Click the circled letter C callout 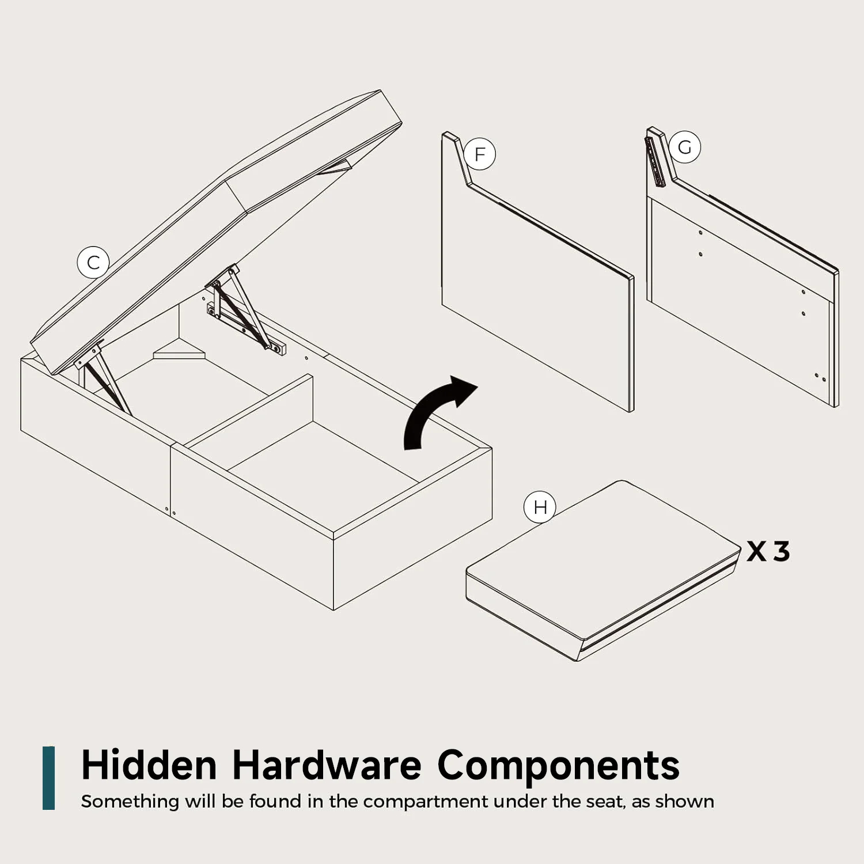click(93, 263)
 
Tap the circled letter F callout click(479, 154)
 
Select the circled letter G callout click(684, 147)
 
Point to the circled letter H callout click(540, 507)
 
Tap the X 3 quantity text click(768, 552)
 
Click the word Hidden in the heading click(149, 765)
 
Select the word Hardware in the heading click(327, 765)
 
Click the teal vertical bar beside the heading click(48, 778)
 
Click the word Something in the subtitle click(130, 802)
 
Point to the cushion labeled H click(602, 570)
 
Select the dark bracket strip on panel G click(655, 162)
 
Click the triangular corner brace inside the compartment click(179, 352)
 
